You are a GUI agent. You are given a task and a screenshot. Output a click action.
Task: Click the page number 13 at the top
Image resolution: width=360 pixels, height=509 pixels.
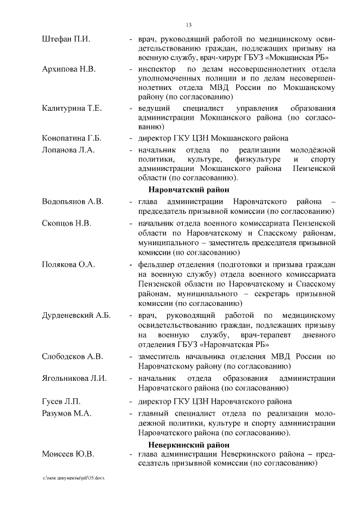pyautogui.click(x=189, y=24)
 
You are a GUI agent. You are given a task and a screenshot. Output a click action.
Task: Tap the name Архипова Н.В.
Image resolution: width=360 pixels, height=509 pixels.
pyautogui.click(x=69, y=69)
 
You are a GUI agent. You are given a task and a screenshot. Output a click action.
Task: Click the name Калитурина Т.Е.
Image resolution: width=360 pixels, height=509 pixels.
pyautogui.click(x=72, y=108)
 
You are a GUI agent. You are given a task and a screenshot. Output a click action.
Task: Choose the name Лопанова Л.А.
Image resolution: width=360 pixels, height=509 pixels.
pyautogui.click(x=69, y=150)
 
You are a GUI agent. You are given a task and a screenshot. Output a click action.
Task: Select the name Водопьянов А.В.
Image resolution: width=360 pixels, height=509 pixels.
pyautogui.click(x=73, y=201)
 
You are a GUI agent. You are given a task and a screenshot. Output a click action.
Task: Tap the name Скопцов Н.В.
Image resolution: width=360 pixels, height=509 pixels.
pyautogui.click(x=67, y=223)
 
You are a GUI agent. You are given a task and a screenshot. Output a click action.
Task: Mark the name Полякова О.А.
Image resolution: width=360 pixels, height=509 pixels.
pyautogui.click(x=69, y=264)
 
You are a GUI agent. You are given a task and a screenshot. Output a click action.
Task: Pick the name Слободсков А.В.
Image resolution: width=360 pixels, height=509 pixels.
pyautogui.click(x=73, y=357)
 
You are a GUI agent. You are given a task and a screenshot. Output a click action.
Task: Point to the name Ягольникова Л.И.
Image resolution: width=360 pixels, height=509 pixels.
pyautogui.click(x=74, y=379)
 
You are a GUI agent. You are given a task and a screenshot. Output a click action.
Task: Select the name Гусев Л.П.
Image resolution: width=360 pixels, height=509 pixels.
pyautogui.click(x=62, y=402)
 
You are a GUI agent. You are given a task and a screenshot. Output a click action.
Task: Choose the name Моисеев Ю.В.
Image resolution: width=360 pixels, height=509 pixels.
pyautogui.click(x=68, y=454)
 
